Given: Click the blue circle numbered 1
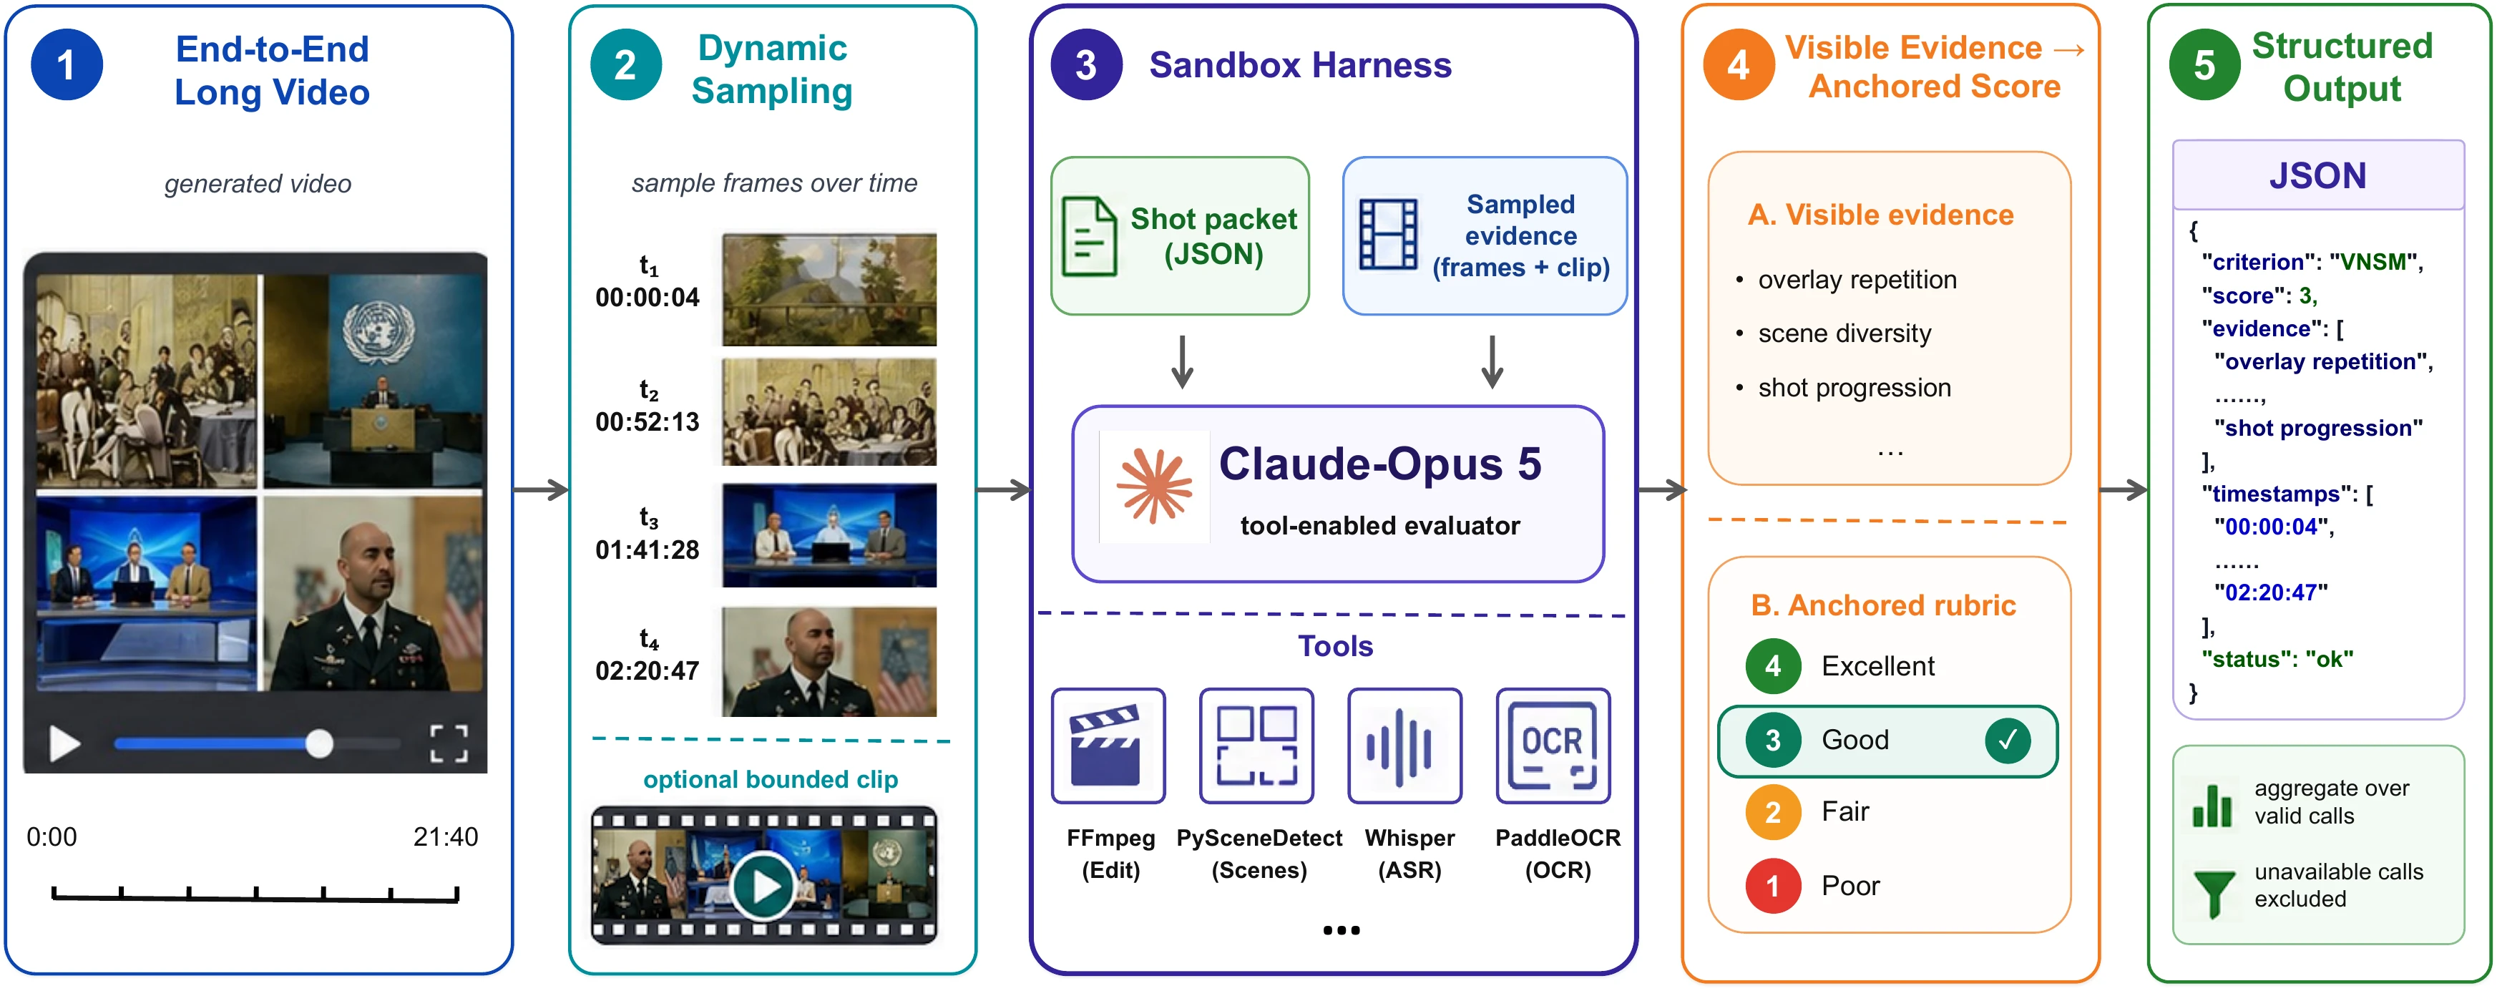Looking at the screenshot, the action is tap(67, 65).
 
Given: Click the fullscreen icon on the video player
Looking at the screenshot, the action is tap(449, 743).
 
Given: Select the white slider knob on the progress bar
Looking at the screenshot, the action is tap(319, 743).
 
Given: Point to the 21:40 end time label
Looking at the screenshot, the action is tap(446, 837).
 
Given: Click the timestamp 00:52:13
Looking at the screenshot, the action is tap(648, 422).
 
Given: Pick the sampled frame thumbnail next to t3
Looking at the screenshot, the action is tap(830, 535).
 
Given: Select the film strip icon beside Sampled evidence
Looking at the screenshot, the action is tap(1388, 235).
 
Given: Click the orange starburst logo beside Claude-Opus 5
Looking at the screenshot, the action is tap(1153, 486).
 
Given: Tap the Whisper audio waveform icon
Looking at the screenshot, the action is tap(1404, 746).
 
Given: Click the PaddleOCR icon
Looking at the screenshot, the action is tap(1553, 746).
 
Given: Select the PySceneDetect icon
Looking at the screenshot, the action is tap(1256, 746).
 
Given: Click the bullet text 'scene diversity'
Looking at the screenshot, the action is tap(1844, 333).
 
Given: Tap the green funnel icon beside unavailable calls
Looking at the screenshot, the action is tap(2214, 892).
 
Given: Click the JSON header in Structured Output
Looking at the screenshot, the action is tap(2317, 175).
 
